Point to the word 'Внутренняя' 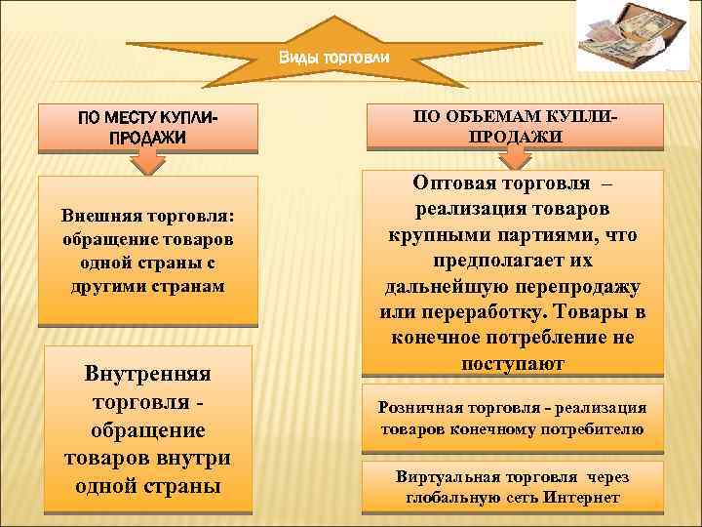click(x=148, y=374)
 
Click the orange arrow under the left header click(x=146, y=165)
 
